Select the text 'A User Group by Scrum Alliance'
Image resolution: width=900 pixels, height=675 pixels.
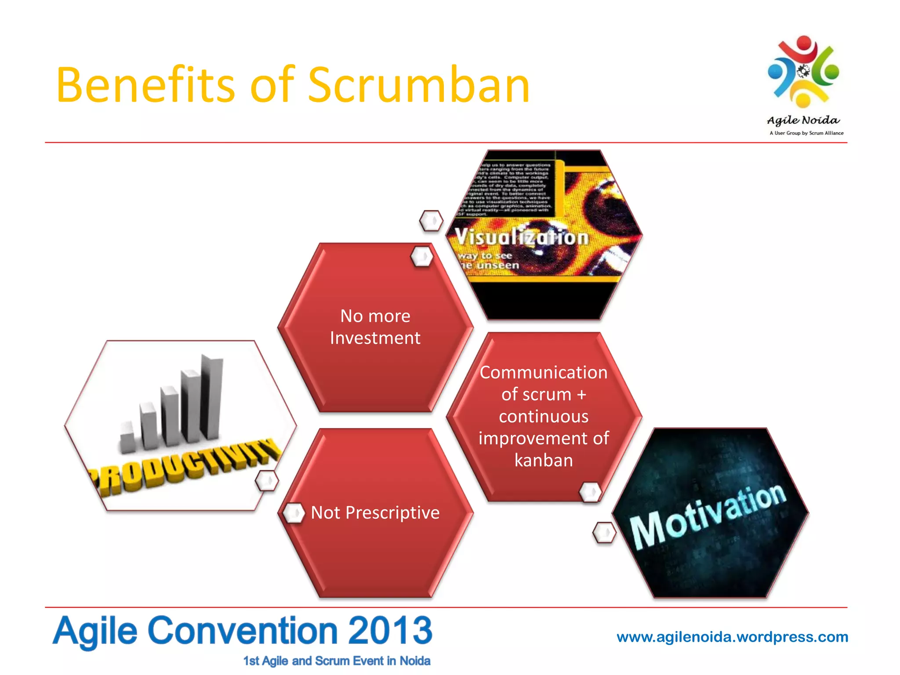coord(806,133)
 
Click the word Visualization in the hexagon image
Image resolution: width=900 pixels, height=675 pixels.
coord(521,237)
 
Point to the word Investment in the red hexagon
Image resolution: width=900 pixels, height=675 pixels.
coord(375,338)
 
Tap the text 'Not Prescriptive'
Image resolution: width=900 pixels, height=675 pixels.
coord(375,512)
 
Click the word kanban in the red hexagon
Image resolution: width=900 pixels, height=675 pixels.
coord(544,460)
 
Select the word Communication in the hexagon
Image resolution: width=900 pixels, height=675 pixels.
coord(544,372)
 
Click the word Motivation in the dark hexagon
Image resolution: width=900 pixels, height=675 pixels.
coord(708,516)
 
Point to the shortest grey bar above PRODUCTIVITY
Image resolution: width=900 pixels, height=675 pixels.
coord(128,437)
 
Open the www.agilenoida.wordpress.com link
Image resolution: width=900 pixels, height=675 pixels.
coord(732,637)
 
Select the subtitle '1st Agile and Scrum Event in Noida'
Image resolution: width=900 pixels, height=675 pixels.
coord(337,661)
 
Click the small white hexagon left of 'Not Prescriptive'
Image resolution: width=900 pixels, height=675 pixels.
coord(293,513)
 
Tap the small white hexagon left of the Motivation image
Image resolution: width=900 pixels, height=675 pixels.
coord(604,533)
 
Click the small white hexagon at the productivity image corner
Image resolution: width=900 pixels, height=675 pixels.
coord(267,481)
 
